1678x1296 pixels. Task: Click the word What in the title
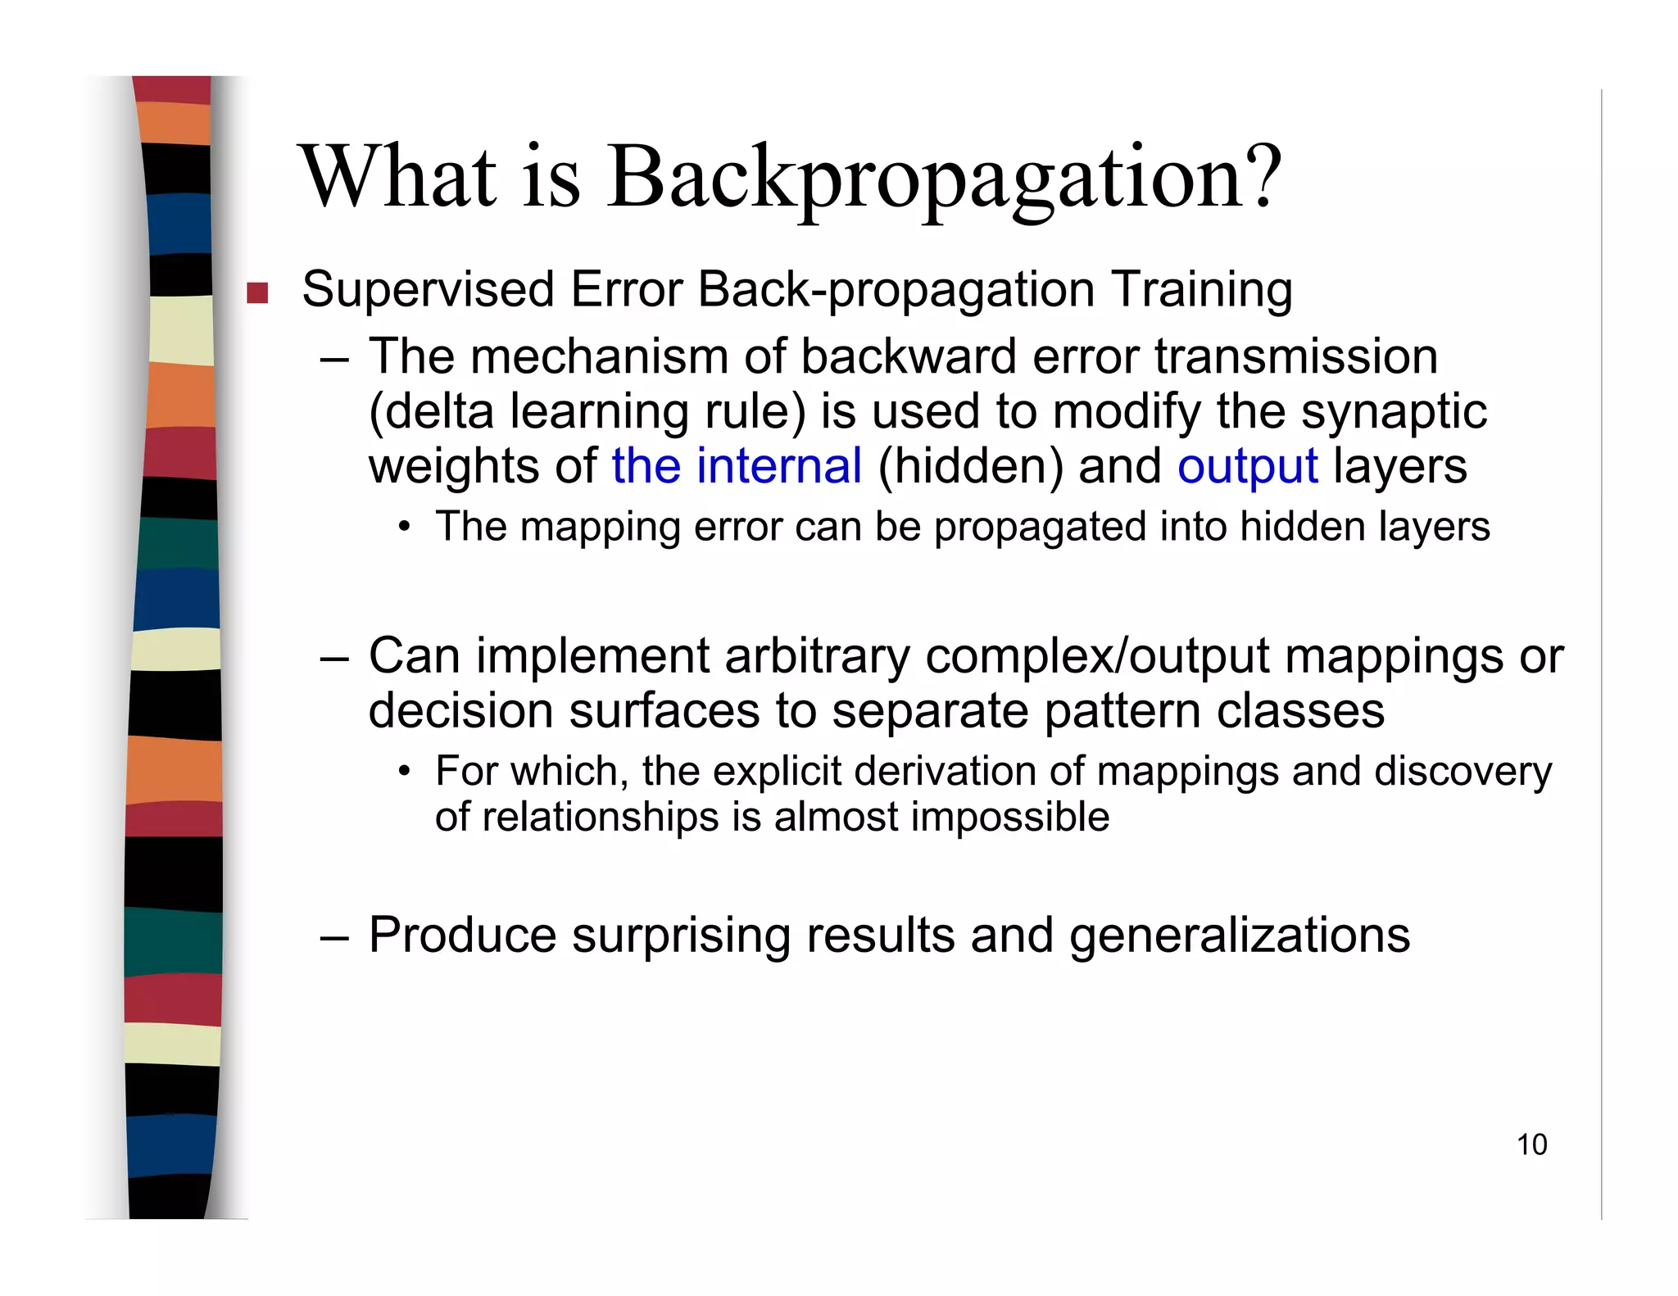pyautogui.click(x=399, y=177)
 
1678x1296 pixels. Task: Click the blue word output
pyautogui.click(x=1247, y=467)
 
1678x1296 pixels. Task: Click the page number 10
pyautogui.click(x=1531, y=1144)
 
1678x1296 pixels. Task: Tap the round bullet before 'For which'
pyautogui.click(x=403, y=772)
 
